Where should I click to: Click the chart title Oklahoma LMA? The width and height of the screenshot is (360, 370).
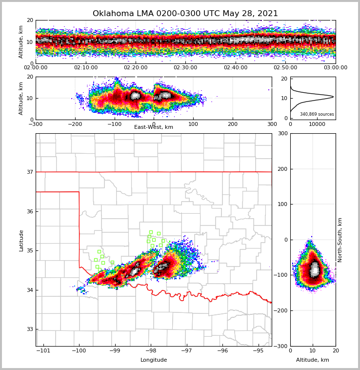pyautogui.click(x=185, y=14)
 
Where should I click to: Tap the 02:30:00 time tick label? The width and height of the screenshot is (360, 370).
pyautogui.click(x=185, y=68)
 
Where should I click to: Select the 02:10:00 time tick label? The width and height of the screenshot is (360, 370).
pyautogui.click(x=86, y=68)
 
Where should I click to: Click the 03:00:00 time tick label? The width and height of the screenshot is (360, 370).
pyautogui.click(x=335, y=68)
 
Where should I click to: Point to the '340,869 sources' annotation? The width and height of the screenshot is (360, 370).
pyautogui.click(x=317, y=114)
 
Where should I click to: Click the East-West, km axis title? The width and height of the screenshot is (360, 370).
pyautogui.click(x=154, y=127)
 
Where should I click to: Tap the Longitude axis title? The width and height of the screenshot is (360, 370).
pyautogui.click(x=154, y=360)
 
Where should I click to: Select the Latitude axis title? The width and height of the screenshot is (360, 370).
pyautogui.click(x=21, y=240)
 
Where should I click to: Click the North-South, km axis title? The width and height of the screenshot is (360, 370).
pyautogui.click(x=340, y=240)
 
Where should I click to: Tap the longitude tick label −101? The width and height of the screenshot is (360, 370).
pyautogui.click(x=44, y=351)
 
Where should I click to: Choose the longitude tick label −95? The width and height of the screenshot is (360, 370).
pyautogui.click(x=258, y=351)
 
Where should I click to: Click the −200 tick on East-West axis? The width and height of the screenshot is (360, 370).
pyautogui.click(x=75, y=124)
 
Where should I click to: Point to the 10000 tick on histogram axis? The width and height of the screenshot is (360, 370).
pyautogui.click(x=317, y=124)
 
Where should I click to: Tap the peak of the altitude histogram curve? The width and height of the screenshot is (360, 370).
pyautogui.click(x=333, y=97)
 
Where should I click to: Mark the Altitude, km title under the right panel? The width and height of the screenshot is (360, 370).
pyautogui.click(x=313, y=360)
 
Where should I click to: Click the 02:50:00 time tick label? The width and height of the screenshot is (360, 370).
pyautogui.click(x=285, y=68)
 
